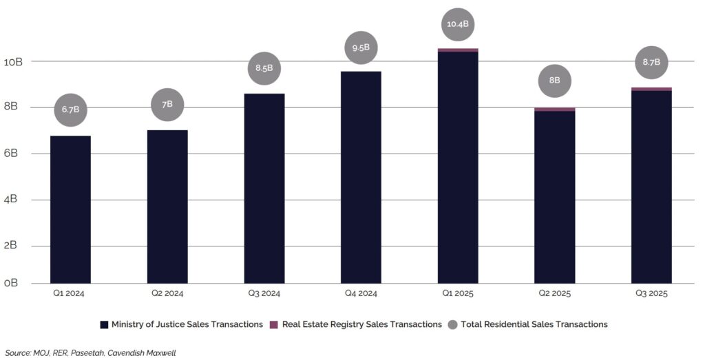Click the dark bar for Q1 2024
[70, 209]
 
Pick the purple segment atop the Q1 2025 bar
[458, 50]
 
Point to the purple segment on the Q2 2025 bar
[555, 109]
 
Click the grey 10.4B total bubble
[458, 24]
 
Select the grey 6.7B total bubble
[70, 109]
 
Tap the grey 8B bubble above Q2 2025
[555, 80]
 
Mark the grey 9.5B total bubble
[361, 48]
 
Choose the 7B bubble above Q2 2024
[167, 104]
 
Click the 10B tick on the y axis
[13, 62]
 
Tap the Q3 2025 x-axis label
[651, 293]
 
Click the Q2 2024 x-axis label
[167, 293]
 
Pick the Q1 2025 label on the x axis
[458, 293]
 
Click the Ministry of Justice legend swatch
[105, 324]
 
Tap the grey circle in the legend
[453, 324]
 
